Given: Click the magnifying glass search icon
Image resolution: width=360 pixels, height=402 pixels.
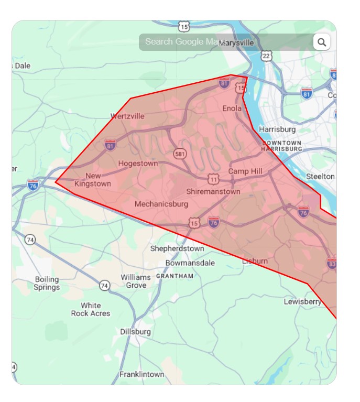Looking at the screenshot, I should pyautogui.click(x=322, y=42).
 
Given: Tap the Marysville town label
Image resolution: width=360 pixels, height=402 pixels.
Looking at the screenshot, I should pyautogui.click(x=236, y=42).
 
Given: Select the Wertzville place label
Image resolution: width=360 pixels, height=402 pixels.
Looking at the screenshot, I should pyautogui.click(x=127, y=116).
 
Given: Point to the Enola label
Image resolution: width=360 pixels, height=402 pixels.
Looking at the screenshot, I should pyautogui.click(x=232, y=108).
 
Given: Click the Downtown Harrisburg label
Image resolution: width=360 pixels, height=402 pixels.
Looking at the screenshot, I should pyautogui.click(x=282, y=146).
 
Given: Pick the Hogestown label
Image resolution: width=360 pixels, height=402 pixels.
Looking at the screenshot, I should pyautogui.click(x=138, y=164).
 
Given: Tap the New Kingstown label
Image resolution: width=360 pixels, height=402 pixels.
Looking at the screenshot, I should pyautogui.click(x=93, y=180).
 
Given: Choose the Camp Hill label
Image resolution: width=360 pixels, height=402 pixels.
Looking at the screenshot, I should pyautogui.click(x=245, y=171).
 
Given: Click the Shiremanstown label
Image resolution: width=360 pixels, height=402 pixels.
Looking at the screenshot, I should pyautogui.click(x=213, y=191).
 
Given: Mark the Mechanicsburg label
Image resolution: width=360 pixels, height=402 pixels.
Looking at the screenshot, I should pyautogui.click(x=161, y=203).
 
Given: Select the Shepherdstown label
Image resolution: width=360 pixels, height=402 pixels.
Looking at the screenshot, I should pyautogui.click(x=177, y=248).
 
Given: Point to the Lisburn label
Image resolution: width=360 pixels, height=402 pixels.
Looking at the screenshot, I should pyautogui.click(x=255, y=260).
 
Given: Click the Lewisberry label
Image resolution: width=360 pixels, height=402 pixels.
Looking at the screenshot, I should pyautogui.click(x=303, y=302).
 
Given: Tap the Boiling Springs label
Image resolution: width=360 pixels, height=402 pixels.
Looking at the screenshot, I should pyautogui.click(x=47, y=283).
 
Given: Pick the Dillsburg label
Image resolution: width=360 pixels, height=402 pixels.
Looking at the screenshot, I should pyautogui.click(x=135, y=332).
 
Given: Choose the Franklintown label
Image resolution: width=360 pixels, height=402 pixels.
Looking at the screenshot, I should pyautogui.click(x=141, y=374).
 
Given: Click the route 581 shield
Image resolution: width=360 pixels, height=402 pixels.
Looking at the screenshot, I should pyautogui.click(x=180, y=154).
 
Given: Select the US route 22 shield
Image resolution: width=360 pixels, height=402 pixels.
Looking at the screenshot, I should pyautogui.click(x=267, y=56).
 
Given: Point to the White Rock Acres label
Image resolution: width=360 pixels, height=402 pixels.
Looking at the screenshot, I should pyautogui.click(x=91, y=309).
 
